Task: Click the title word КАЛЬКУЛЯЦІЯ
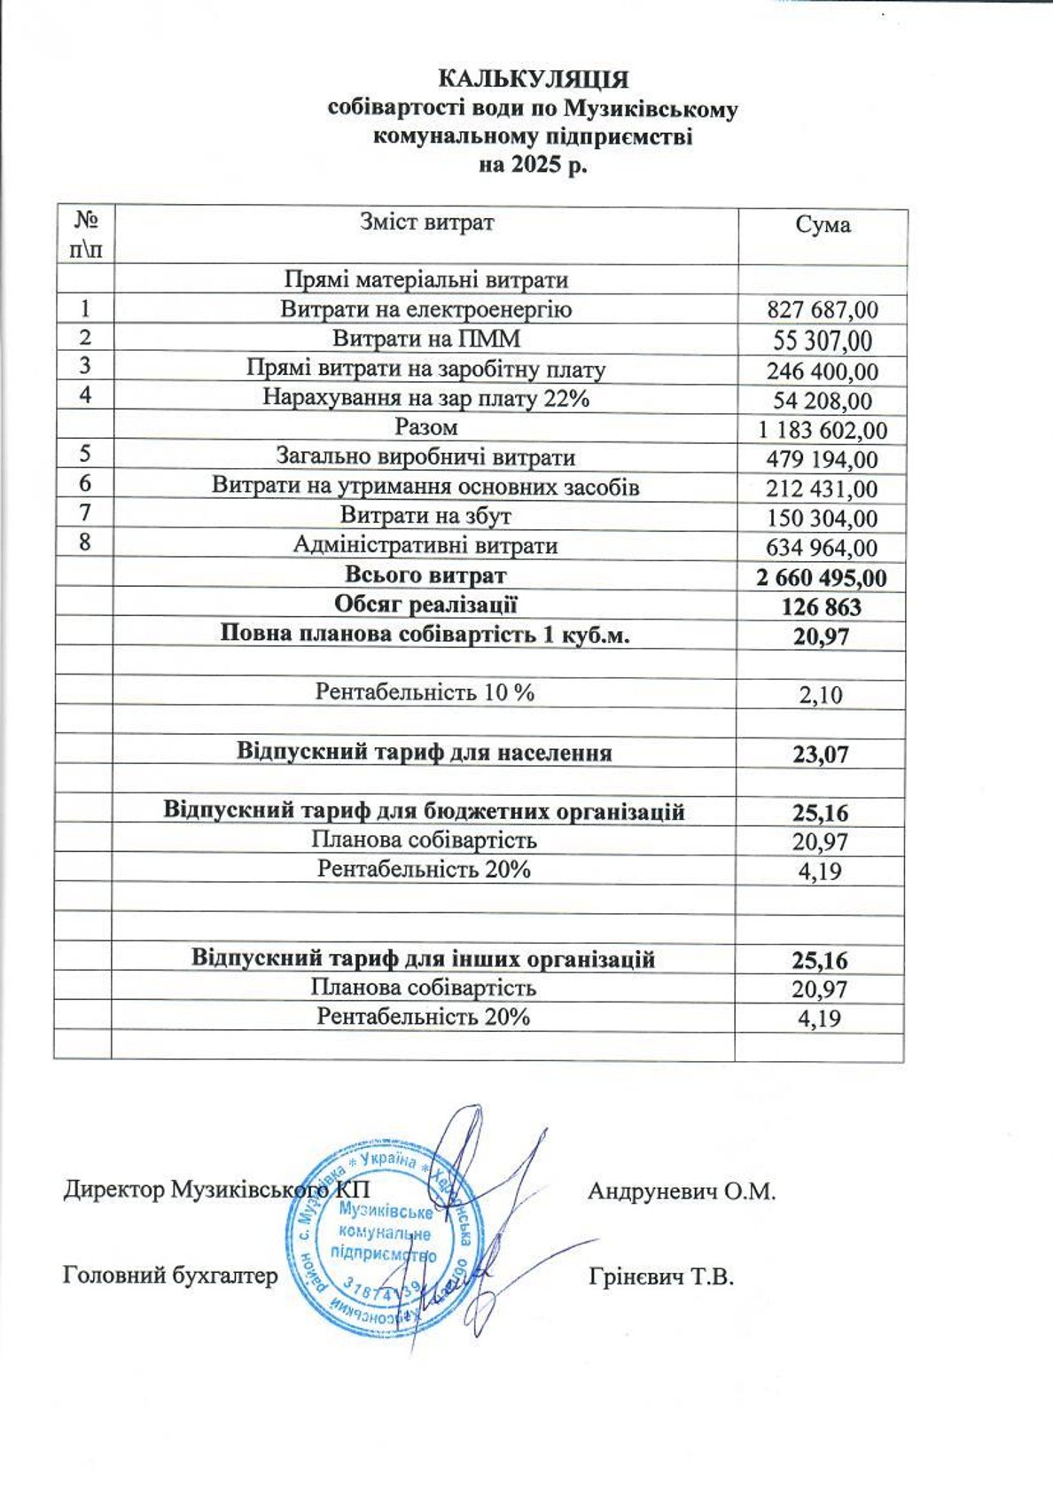534,80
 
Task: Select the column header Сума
823,225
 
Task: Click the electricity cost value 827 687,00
823,310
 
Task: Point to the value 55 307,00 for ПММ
823,340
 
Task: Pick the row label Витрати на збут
425,516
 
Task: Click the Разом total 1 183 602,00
823,431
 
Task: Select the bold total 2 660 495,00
822,578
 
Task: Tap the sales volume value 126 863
822,607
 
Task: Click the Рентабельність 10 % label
425,692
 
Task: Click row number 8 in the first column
85,542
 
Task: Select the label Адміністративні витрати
425,545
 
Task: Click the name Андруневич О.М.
682,1190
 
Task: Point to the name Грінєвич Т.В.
661,1277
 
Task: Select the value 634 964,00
823,548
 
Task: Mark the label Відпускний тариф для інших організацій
424,959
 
